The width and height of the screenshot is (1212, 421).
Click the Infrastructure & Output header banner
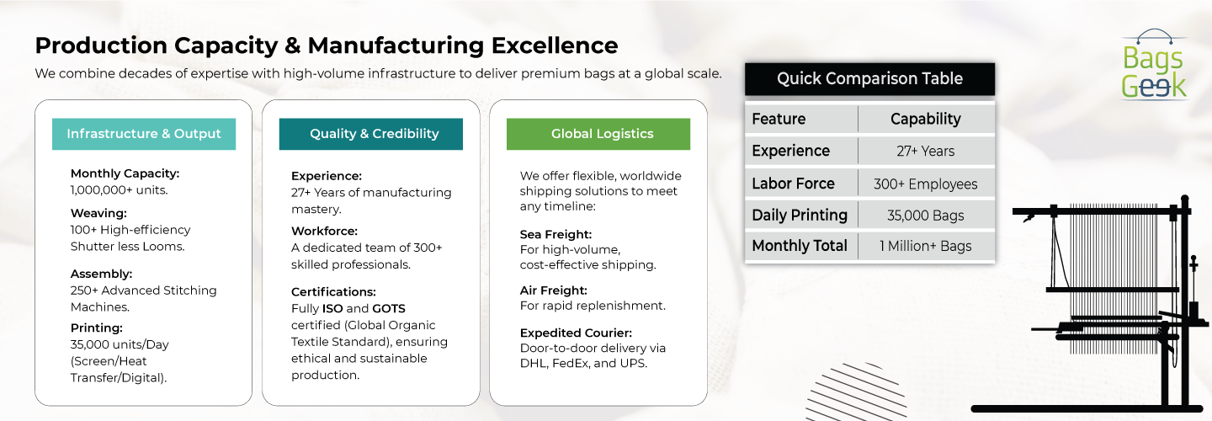pos(144,134)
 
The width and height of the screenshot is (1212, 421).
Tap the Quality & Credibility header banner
pos(371,134)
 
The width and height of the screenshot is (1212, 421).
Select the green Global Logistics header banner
pos(598,134)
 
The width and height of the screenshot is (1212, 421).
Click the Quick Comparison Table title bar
pos(869,79)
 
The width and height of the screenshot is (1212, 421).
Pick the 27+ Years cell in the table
pos(926,151)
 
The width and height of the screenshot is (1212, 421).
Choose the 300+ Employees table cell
pos(926,184)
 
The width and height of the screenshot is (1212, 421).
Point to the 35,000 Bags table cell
pos(926,216)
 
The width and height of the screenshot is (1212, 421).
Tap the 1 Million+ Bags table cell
pos(926,246)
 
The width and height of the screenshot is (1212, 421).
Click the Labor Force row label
pos(793,184)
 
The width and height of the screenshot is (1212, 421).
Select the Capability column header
pos(926,119)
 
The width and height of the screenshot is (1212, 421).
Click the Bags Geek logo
pos(1154,65)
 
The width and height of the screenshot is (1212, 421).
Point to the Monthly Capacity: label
pos(125,173)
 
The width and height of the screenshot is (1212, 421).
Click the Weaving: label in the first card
pos(98,213)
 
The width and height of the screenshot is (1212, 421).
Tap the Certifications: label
pos(333,292)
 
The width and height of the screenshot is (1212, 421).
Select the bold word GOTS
pos(389,308)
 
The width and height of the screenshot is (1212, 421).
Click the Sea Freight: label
pos(555,234)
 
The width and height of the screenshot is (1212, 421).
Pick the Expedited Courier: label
pos(576,333)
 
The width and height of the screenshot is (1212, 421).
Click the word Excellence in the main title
pos(555,45)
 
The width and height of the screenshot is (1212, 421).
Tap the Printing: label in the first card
pos(96,328)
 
